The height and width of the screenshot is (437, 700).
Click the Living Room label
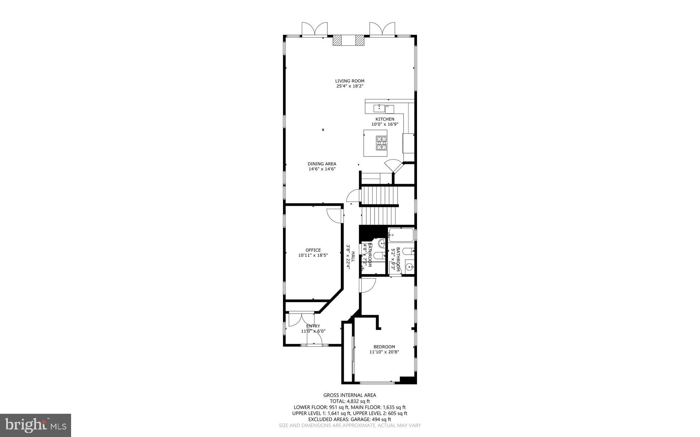[350, 81]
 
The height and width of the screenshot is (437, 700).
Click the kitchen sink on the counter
[379, 109]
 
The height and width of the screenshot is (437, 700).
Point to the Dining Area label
[322, 164]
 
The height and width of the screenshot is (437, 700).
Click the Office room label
[313, 250]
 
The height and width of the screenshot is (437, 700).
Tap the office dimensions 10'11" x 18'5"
[313, 255]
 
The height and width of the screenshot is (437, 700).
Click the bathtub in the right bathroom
[401, 235]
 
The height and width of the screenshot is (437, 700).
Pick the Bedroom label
[384, 346]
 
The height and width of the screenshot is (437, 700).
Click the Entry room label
[313, 326]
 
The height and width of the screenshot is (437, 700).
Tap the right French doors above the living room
[382, 29]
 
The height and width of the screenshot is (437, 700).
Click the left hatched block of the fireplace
[337, 40]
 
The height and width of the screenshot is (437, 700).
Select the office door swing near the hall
[334, 216]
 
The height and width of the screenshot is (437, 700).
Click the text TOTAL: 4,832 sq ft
[350, 401]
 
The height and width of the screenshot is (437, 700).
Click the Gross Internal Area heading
[350, 395]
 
